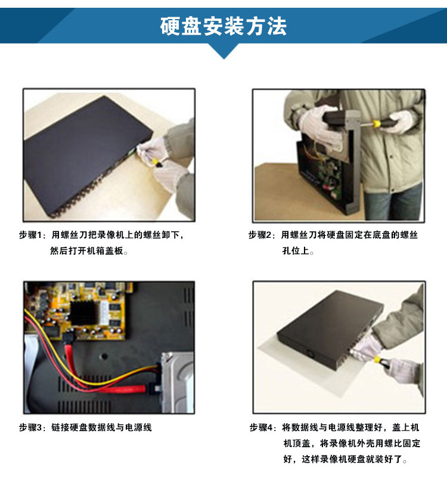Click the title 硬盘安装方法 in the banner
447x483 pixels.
[223, 26]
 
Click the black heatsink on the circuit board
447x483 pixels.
[82, 313]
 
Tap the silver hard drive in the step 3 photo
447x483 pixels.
[178, 383]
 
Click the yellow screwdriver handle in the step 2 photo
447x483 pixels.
[376, 124]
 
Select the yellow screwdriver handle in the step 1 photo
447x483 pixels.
[155, 162]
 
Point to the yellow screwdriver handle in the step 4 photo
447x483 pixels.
[377, 359]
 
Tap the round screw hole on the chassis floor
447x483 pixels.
[104, 357]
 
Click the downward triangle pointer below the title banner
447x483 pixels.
[224, 51]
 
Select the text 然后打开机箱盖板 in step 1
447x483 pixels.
[87, 250]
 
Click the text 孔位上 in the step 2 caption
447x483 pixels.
[296, 250]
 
